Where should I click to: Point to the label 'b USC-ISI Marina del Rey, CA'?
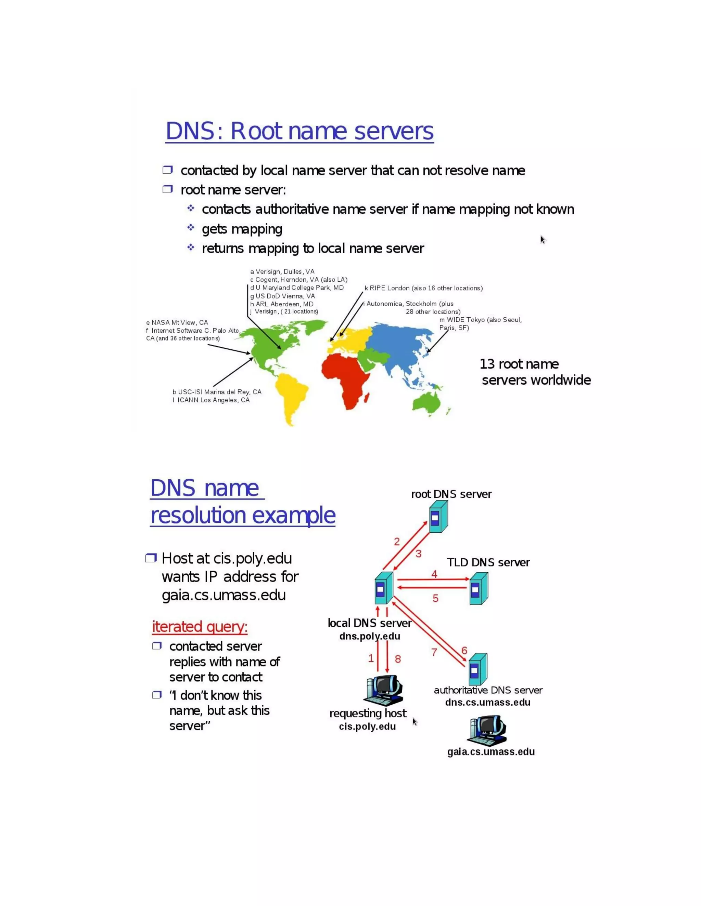[217, 392]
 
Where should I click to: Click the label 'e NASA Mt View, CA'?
[177, 322]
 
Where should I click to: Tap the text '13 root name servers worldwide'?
[535, 372]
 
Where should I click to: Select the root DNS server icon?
[438, 517]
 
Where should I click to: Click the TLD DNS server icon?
[479, 588]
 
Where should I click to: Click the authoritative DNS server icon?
[477, 669]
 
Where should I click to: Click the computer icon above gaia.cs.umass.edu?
[487, 731]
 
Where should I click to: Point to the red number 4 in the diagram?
[434, 574]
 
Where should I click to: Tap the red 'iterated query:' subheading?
[200, 627]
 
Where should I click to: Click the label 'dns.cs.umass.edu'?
[487, 703]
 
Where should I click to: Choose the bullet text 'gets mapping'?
[242, 229]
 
